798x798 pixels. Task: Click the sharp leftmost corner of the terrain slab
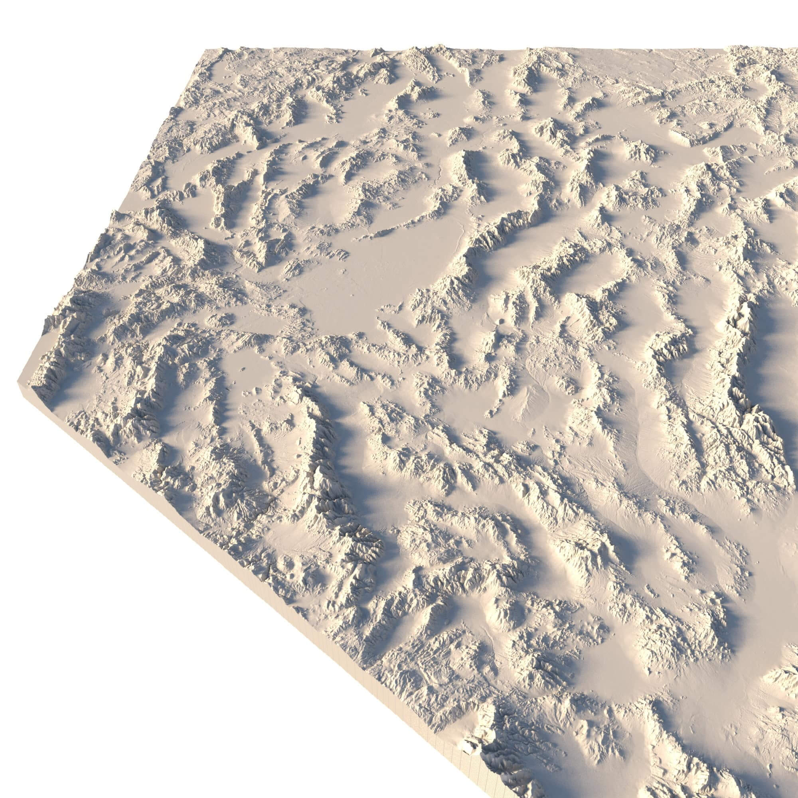19,380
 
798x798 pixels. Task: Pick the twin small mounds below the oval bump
256,390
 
